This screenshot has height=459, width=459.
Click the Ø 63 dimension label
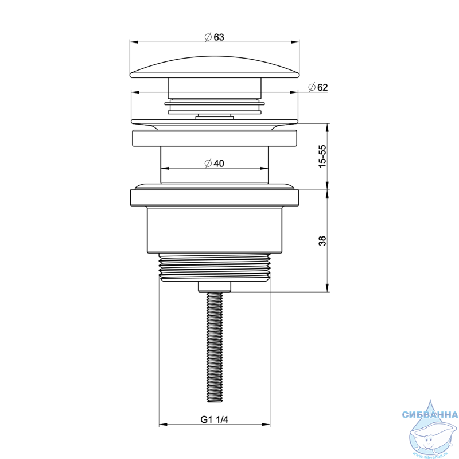click(x=214, y=37)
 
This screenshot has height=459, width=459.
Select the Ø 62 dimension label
click(x=318, y=87)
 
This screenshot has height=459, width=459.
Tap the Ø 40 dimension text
click(x=214, y=163)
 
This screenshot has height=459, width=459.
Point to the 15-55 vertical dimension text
click(x=322, y=156)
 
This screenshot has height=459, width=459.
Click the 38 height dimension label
click(x=322, y=241)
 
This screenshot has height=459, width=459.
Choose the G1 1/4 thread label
click(x=214, y=419)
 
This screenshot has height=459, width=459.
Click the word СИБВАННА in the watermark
click(x=430, y=414)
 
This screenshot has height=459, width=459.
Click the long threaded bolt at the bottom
click(x=215, y=347)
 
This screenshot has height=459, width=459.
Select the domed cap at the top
click(x=215, y=67)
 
